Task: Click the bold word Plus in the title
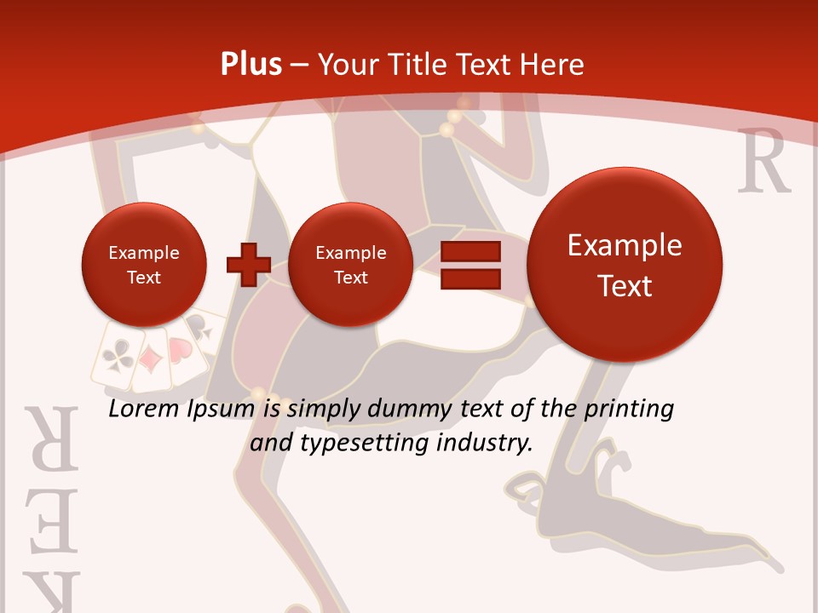click(x=251, y=64)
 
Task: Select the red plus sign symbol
click(x=248, y=264)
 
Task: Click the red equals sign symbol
click(x=470, y=264)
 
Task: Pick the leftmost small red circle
click(x=144, y=264)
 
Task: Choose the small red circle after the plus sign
click(x=350, y=264)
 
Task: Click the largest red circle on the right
click(x=625, y=265)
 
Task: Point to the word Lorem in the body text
click(x=143, y=410)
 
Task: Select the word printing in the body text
click(x=630, y=410)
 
